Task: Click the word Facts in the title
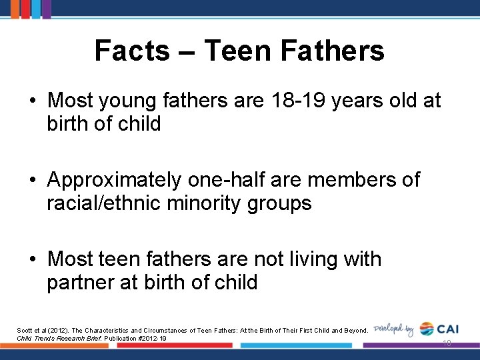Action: coord(132,51)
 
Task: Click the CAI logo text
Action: coord(447,329)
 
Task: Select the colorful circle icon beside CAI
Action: coord(427,329)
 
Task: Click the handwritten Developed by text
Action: coord(394,329)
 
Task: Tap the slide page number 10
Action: coord(446,343)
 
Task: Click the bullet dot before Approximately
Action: coord(32,181)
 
